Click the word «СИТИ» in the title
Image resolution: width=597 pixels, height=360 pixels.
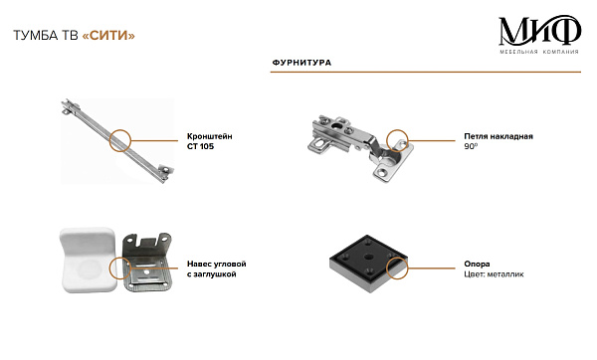coord(108,36)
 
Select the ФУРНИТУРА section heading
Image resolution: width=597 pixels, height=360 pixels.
coord(301,63)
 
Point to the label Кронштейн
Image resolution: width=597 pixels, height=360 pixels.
coord(209,136)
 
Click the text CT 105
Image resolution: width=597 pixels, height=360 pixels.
coord(200,146)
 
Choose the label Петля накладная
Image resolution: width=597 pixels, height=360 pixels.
coord(498,136)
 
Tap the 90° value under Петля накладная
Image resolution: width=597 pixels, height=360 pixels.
coord(471,146)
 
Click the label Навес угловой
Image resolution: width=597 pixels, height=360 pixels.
coord(216,264)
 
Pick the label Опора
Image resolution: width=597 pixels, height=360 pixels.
coord(477,264)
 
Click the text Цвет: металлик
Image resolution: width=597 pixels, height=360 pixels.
coord(494,274)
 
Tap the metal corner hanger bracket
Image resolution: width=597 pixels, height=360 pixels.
coord(147,263)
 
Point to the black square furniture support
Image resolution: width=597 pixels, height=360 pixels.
coord(368,264)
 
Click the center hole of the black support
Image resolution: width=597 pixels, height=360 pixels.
coord(367,257)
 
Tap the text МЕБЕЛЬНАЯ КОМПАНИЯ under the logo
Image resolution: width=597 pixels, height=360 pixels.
coord(539,52)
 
